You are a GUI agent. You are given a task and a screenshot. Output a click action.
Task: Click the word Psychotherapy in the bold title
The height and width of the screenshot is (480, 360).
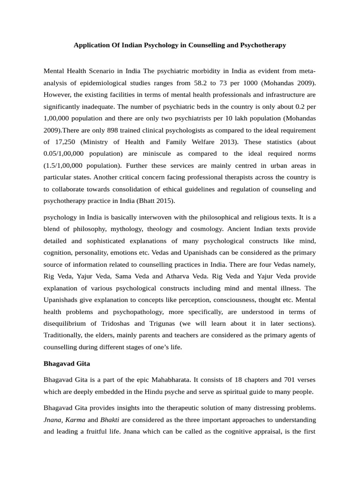(260, 45)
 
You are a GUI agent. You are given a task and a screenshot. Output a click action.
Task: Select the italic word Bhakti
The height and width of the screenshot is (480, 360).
(110, 420)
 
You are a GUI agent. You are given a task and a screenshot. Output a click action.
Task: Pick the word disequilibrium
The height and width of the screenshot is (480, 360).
(67, 323)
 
